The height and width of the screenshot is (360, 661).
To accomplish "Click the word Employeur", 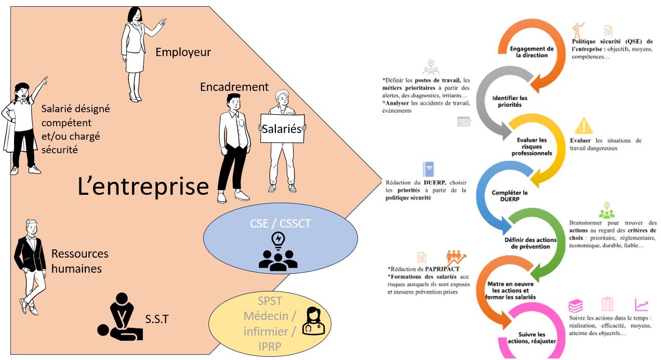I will click(183, 52).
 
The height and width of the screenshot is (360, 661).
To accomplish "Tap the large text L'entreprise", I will click(143, 186).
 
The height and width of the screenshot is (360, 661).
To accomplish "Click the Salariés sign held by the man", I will click(282, 128).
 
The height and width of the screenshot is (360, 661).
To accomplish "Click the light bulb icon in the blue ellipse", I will click(278, 239).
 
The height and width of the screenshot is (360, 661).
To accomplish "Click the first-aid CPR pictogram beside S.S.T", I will click(121, 317).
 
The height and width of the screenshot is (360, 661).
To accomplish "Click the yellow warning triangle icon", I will click(584, 125).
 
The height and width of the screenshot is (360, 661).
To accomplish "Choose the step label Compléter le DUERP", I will click(510, 196).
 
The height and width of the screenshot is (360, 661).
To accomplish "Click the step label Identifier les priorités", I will click(509, 101).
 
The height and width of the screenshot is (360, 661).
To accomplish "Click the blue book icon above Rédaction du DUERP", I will click(429, 170).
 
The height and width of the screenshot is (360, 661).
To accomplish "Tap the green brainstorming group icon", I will click(606, 210).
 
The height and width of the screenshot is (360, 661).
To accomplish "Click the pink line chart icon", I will click(641, 305).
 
